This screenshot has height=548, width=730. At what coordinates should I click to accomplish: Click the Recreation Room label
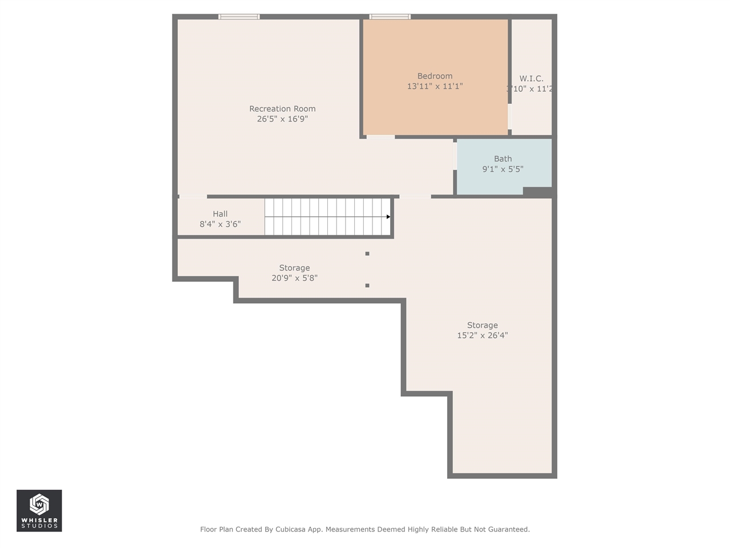(x=282, y=108)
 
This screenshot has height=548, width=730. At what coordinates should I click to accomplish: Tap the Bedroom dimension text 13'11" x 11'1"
(x=435, y=86)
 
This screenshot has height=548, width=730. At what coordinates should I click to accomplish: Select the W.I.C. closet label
(x=531, y=79)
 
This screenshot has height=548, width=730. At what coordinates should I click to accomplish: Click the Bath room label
(x=502, y=159)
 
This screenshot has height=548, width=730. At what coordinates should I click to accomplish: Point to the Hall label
(x=220, y=214)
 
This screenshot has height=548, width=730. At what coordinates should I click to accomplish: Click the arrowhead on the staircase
(x=388, y=217)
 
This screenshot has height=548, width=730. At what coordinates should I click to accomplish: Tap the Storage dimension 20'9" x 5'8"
(x=294, y=278)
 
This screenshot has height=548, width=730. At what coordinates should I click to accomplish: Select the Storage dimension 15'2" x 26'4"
(x=482, y=336)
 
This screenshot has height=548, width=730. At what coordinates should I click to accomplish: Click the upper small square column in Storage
(x=367, y=253)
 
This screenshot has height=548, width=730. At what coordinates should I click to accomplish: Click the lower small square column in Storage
(x=367, y=285)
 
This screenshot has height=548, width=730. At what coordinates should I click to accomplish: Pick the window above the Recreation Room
(x=239, y=17)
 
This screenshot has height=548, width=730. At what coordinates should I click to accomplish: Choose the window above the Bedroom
(x=390, y=17)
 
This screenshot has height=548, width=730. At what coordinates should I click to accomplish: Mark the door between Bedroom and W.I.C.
(x=510, y=117)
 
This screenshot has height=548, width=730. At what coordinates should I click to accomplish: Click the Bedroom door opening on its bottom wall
(x=380, y=137)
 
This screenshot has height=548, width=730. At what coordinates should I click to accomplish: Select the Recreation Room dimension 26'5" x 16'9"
(x=282, y=119)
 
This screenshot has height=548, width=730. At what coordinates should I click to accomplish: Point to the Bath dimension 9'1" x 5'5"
(x=502, y=169)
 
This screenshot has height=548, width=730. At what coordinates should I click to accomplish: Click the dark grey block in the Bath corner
(x=537, y=192)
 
